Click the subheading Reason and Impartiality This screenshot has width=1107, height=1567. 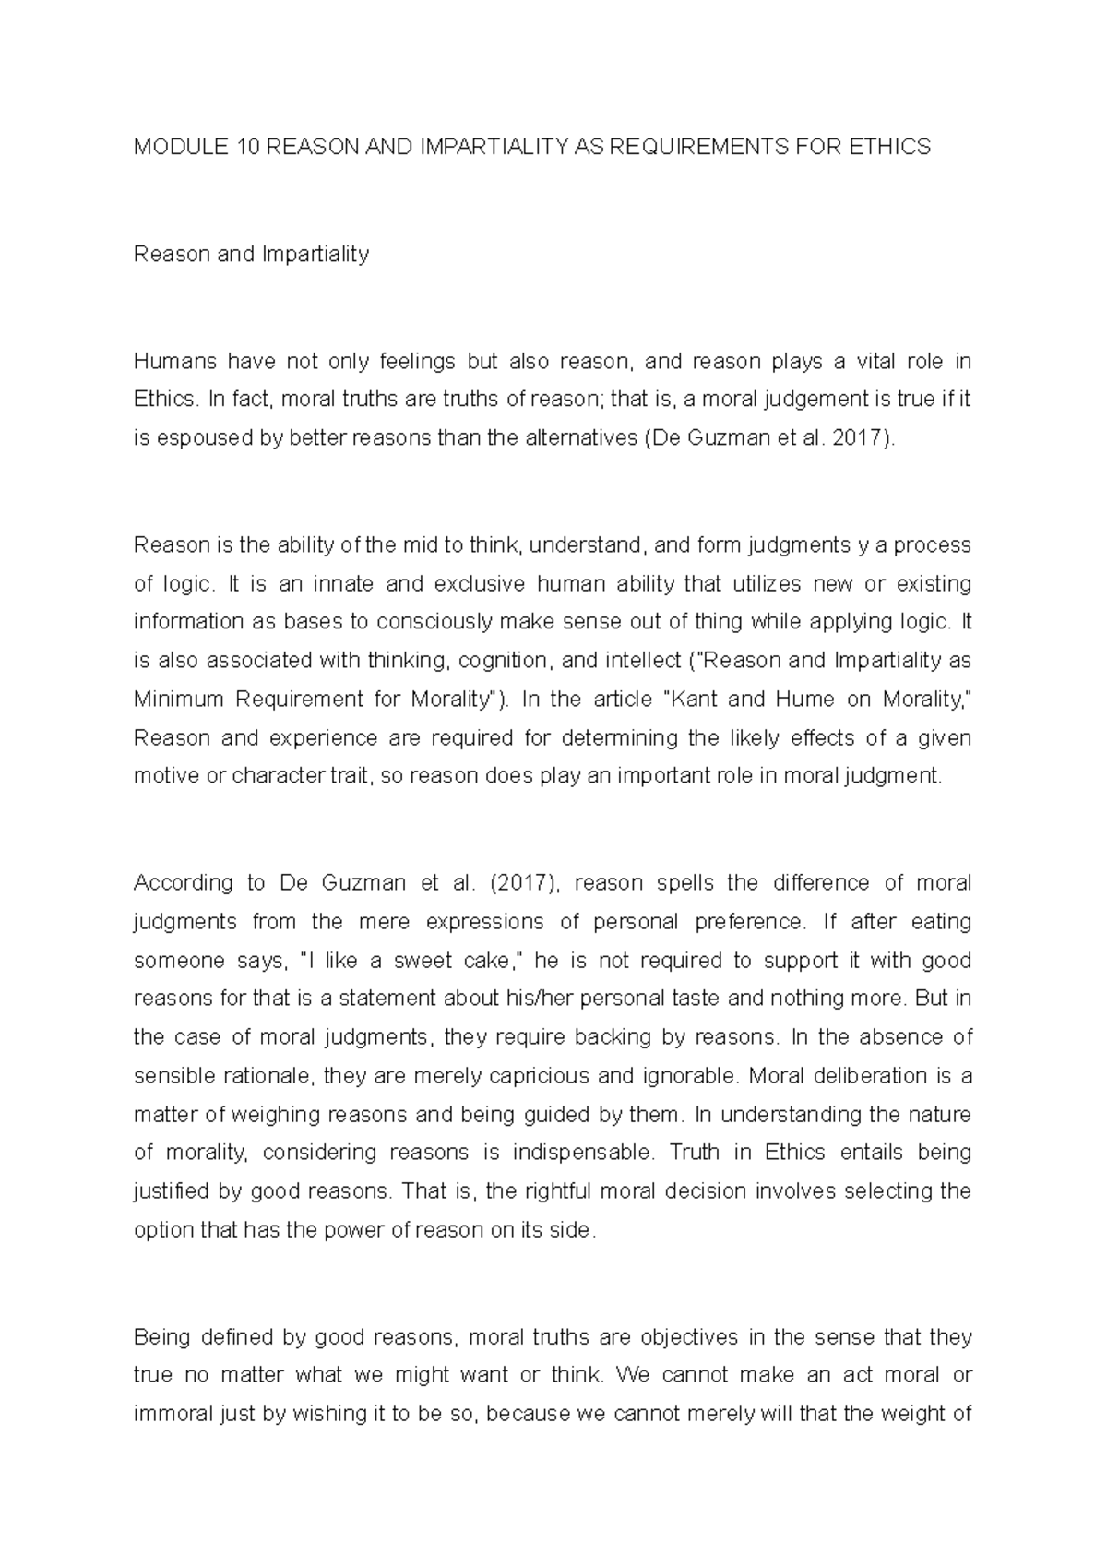tap(251, 254)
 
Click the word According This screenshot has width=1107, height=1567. tap(180, 883)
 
